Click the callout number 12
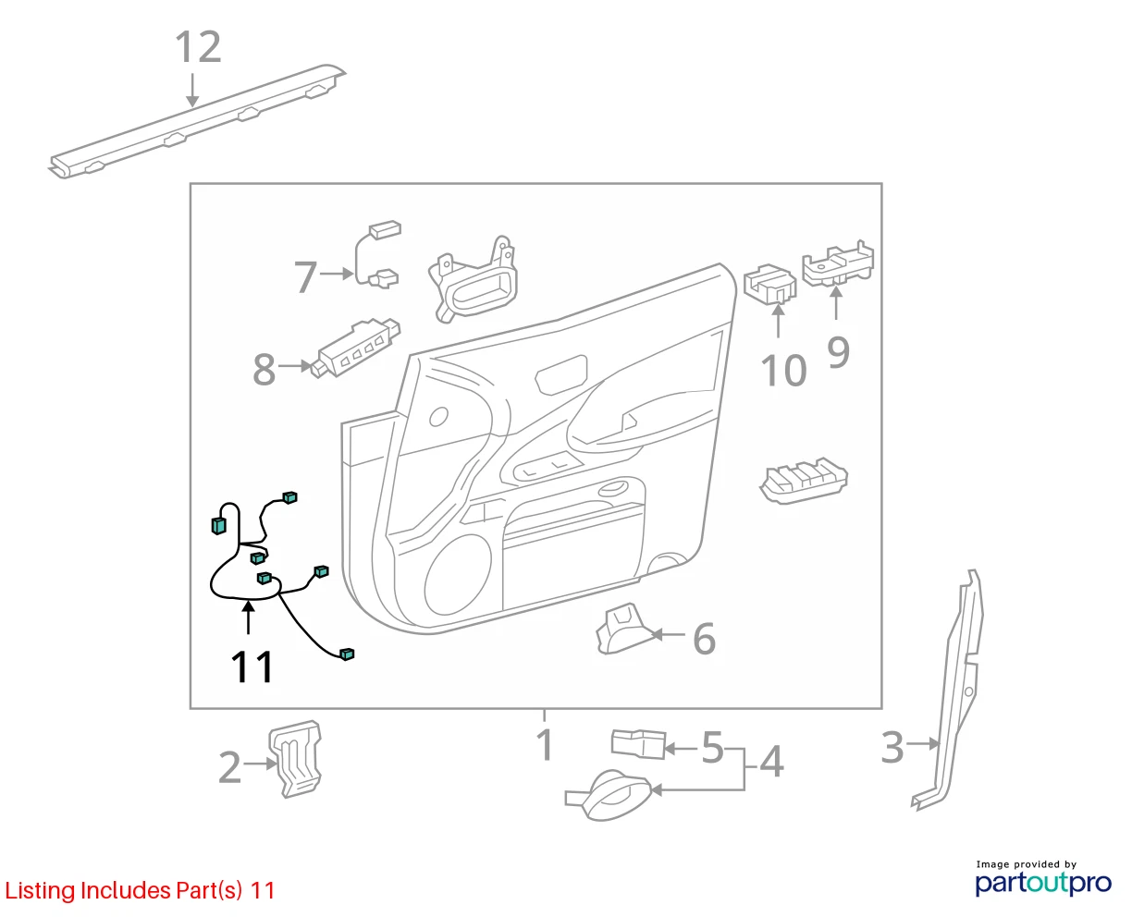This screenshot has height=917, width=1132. [x=198, y=47]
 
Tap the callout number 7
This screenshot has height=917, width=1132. [x=305, y=276]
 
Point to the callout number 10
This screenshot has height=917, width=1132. [x=783, y=370]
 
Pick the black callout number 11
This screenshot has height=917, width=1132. [x=252, y=666]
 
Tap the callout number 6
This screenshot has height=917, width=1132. [x=704, y=639]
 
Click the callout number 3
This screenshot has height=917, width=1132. [x=892, y=747]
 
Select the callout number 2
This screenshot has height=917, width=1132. [x=229, y=767]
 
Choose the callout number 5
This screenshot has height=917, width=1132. [x=713, y=748]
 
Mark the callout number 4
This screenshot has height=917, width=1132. [x=771, y=762]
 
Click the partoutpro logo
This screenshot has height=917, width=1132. [x=1043, y=883]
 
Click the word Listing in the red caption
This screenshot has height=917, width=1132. [x=41, y=891]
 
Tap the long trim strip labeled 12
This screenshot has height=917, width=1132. [x=196, y=122]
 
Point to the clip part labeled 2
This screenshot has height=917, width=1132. [x=296, y=759]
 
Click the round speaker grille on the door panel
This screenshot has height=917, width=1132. [x=458, y=575]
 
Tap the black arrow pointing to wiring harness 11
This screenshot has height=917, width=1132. [x=248, y=617]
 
